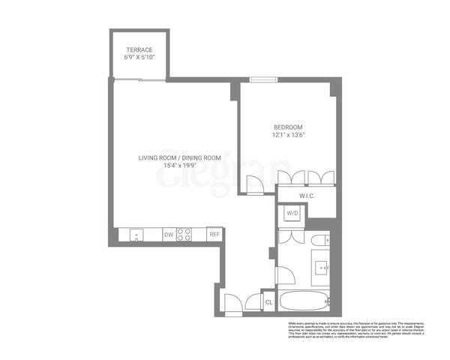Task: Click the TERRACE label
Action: [x=139, y=50]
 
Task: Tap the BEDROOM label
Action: [x=288, y=127]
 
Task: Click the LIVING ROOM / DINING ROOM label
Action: [x=179, y=157]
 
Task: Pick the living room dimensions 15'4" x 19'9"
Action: [x=179, y=166]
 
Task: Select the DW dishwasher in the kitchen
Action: [x=168, y=235]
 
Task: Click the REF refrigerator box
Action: [x=214, y=235]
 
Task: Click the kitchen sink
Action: [x=136, y=235]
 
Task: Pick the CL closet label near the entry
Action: [x=268, y=301]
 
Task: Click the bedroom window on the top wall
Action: [x=262, y=81]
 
